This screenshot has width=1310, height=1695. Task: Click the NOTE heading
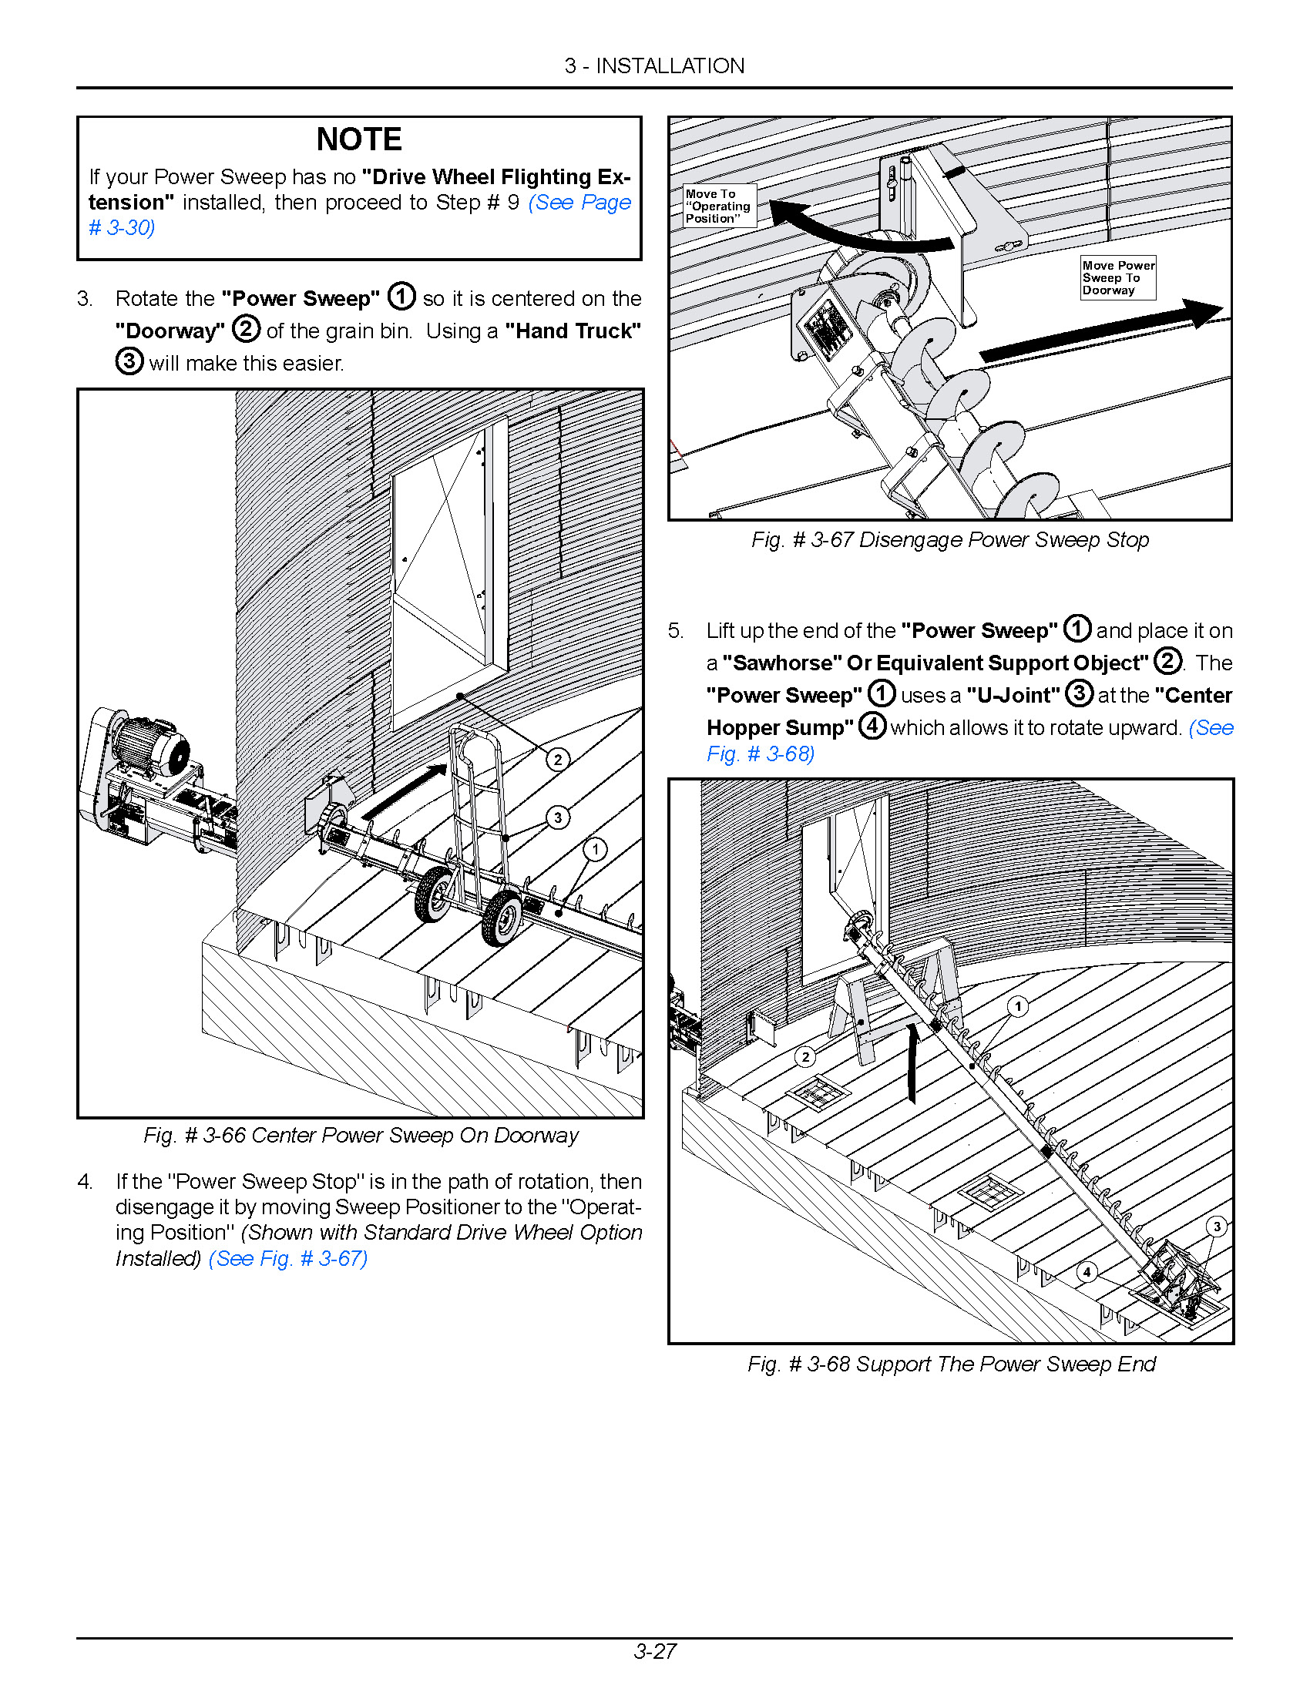click(358, 139)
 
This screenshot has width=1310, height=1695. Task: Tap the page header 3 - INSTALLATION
click(654, 66)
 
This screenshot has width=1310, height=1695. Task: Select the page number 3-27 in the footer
click(654, 1652)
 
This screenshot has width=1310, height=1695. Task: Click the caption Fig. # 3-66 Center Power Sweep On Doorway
click(361, 1136)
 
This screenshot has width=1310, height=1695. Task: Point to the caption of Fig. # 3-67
click(950, 540)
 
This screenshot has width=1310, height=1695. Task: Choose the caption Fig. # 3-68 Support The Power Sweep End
click(952, 1364)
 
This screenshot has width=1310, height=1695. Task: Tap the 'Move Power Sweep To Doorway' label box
click(1117, 278)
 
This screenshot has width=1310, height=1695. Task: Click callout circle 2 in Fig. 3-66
click(557, 760)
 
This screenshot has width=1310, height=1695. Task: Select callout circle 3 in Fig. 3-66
click(557, 817)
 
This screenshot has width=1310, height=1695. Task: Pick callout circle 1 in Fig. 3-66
click(595, 850)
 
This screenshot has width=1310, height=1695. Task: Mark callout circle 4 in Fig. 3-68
click(1087, 1272)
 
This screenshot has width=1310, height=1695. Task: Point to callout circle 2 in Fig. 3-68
click(805, 1056)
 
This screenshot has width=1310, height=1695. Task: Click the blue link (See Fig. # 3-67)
click(288, 1258)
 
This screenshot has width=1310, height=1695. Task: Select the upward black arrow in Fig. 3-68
click(912, 1061)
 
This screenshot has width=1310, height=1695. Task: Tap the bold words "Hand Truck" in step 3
click(573, 331)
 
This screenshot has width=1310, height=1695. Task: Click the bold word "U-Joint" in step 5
click(1013, 696)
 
